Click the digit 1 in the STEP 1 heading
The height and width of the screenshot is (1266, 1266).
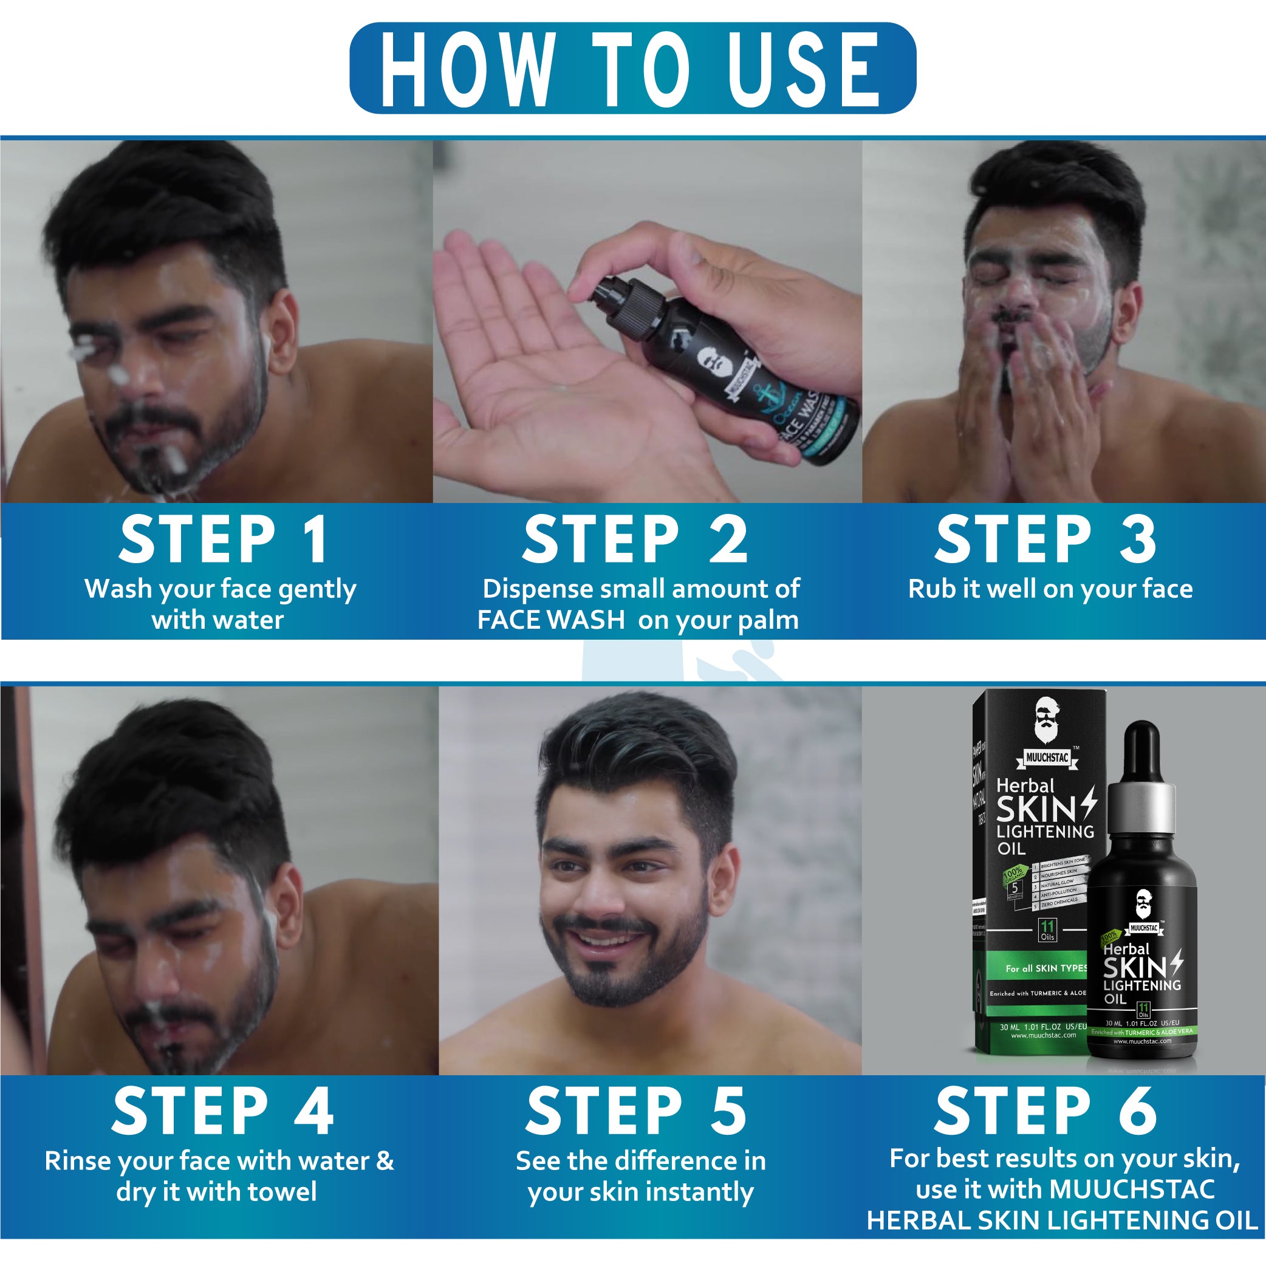(316, 539)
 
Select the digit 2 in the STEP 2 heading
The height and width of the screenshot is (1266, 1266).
(728, 539)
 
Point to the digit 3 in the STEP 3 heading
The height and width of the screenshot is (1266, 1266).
(1138, 539)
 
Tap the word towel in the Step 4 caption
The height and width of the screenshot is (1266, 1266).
(281, 1191)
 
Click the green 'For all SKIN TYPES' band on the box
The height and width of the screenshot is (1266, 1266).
(1043, 968)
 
